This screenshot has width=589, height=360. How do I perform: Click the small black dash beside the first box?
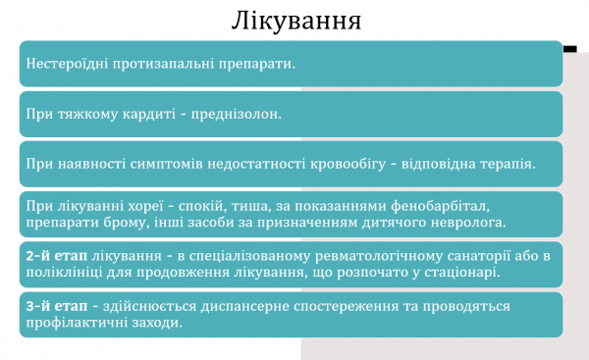pos(570,46)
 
